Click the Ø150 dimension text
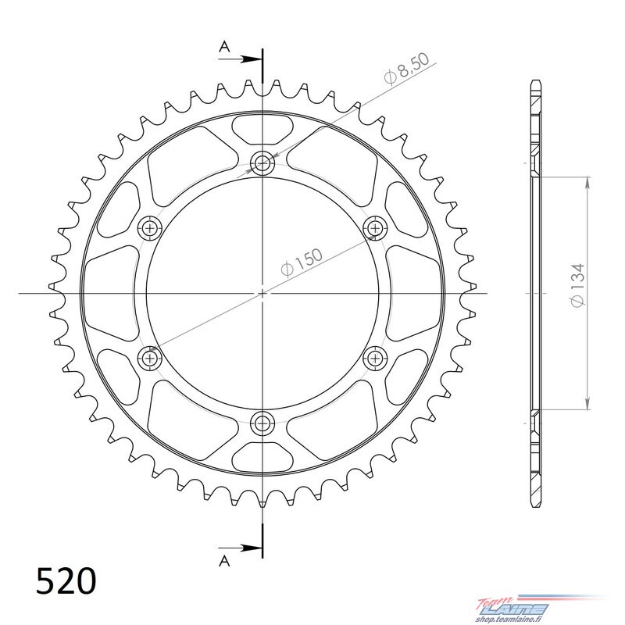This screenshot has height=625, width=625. point(302,262)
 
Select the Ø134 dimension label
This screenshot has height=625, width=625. point(578,284)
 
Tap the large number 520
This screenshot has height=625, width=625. point(66,580)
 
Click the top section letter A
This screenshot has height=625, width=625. point(225,47)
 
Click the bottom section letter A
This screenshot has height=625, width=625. point(225,561)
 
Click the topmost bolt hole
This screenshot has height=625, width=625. point(262,162)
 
